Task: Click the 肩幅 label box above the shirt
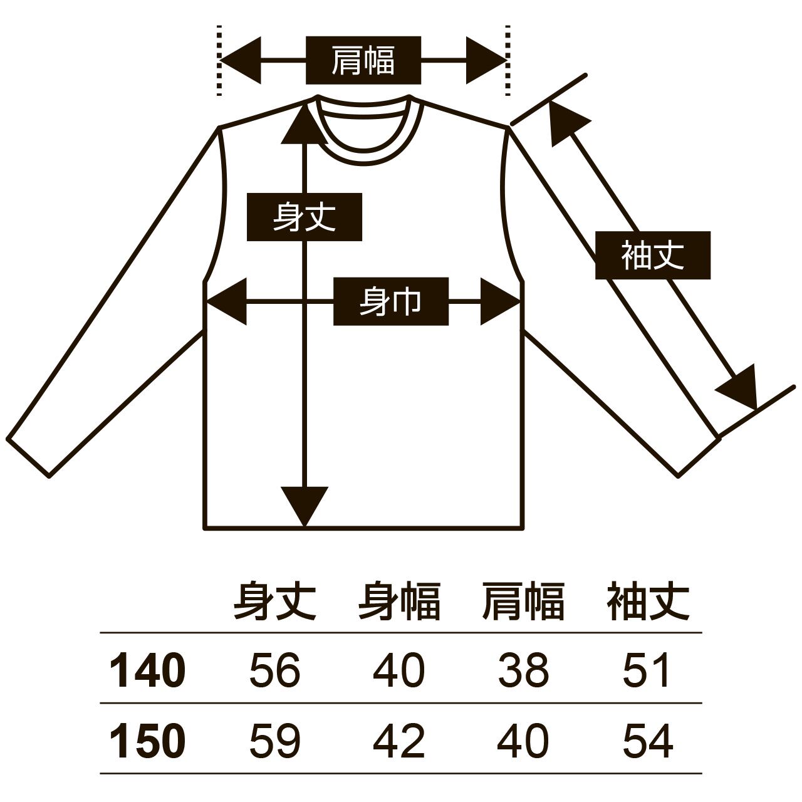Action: (363, 60)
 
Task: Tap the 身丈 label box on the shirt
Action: (305, 217)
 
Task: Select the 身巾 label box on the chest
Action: (390, 301)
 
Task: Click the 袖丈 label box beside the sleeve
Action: (652, 255)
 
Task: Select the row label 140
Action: (147, 670)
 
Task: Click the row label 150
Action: (147, 741)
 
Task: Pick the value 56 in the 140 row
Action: (274, 670)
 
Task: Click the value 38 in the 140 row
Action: (523, 670)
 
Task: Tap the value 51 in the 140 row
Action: (647, 670)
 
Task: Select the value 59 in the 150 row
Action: (274, 741)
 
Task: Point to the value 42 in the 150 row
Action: (398, 741)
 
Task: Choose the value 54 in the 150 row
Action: (647, 741)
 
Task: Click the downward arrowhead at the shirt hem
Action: (305, 504)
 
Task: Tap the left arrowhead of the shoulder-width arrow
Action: (241, 60)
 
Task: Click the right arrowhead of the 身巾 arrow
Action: (499, 301)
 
